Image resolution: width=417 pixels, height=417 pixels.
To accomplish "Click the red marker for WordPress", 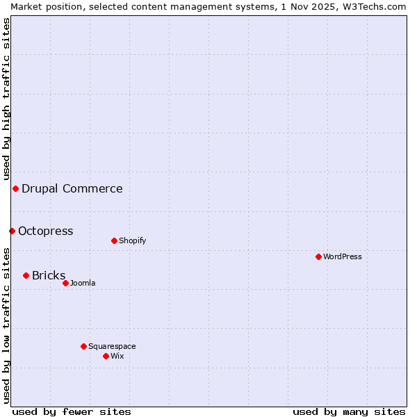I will click(318, 256).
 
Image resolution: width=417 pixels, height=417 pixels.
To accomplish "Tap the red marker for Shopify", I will click(114, 240).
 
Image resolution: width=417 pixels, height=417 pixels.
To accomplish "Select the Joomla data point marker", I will click(65, 283).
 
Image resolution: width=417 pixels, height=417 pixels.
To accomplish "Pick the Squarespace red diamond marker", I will click(83, 346).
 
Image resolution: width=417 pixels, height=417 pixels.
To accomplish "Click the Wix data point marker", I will click(106, 356).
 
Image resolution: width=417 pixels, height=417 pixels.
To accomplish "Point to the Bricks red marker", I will click(26, 275).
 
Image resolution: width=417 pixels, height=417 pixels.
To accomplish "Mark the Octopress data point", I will click(12, 231).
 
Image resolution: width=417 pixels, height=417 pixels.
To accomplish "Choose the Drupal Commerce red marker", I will click(15, 188).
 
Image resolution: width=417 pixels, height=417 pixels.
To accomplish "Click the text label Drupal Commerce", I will click(72, 188).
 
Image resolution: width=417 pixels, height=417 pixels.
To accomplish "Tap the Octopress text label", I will click(45, 231).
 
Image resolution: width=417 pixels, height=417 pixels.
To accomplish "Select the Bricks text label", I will click(49, 275).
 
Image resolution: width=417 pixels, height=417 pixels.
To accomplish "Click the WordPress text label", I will click(343, 256).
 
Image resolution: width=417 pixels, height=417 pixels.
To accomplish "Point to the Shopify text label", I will click(133, 240).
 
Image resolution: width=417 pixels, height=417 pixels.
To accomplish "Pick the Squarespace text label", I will click(112, 346).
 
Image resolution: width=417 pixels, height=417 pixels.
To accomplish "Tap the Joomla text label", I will click(83, 283).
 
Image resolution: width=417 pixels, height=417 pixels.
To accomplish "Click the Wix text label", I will click(117, 356).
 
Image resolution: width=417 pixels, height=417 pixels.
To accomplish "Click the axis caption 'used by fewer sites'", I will click(72, 411).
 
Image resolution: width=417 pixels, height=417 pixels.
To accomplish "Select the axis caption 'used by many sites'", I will click(349, 411).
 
